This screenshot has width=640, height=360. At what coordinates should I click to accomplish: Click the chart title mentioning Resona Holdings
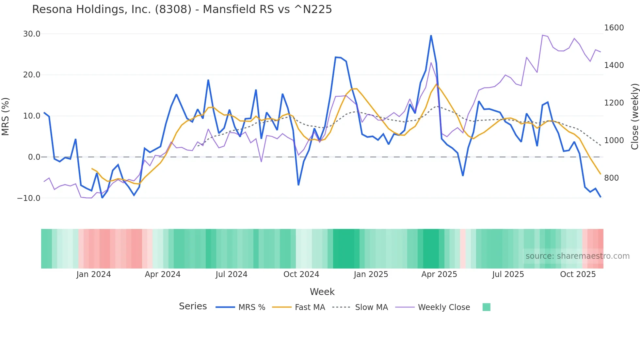pos(182,9)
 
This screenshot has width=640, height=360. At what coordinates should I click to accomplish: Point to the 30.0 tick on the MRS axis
pos(32,34)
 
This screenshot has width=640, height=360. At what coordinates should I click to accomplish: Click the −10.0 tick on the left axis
pos(29,198)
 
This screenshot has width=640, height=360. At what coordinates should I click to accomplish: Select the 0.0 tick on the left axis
pos(34,157)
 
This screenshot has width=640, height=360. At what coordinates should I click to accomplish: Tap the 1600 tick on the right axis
pos(614,28)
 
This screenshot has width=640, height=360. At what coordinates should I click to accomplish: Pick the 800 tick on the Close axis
pos(611,178)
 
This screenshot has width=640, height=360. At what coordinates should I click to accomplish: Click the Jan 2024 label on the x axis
pos(94,274)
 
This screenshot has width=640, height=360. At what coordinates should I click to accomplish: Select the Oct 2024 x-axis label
pos(301,274)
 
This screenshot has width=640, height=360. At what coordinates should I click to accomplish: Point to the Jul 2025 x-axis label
pos(508,274)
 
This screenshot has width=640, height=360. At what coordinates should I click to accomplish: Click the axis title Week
pos(322,292)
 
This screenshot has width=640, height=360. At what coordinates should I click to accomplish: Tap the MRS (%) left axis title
pos(6,116)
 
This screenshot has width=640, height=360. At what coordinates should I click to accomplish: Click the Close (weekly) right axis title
pos(634,116)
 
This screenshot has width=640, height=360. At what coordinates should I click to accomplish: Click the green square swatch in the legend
pos(486,307)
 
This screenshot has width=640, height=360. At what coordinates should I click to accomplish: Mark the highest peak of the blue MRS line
pos(431,36)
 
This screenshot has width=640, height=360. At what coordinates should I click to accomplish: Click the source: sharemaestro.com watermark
pos(577,256)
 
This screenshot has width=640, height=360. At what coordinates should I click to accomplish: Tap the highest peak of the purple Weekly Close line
pos(542,35)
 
